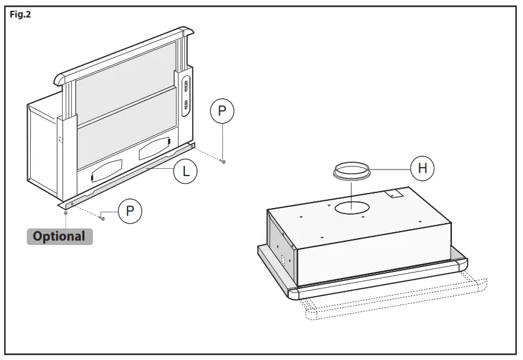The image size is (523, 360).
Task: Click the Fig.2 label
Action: (x=20, y=14)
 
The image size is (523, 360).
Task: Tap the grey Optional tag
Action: (x=59, y=236)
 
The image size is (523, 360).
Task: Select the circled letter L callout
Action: (x=186, y=171)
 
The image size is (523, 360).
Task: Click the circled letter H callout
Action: (x=422, y=168)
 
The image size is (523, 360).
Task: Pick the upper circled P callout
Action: (x=222, y=112)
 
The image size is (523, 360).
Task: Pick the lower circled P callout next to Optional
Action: (x=130, y=211)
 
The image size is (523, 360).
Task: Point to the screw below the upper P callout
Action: (x=224, y=161)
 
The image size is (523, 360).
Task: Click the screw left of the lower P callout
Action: (x=102, y=218)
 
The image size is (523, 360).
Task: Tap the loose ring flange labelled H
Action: (x=351, y=172)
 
